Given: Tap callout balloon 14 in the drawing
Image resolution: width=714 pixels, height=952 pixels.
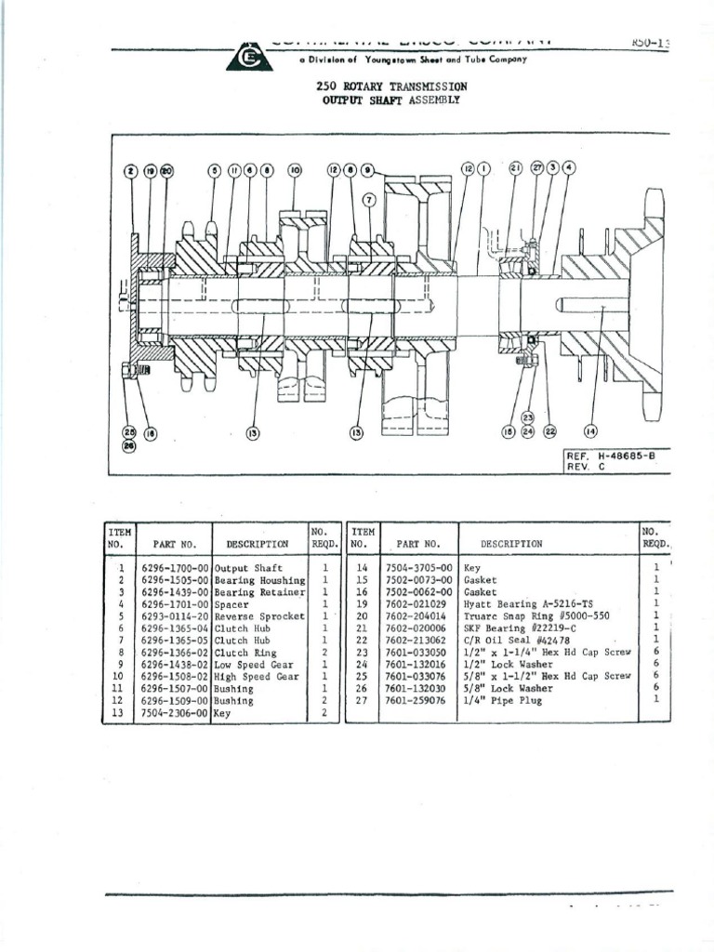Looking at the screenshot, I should [589, 430].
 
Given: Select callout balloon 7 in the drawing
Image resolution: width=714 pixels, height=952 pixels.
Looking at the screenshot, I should [369, 200].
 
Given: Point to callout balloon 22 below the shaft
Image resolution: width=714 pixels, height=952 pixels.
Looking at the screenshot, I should [549, 430].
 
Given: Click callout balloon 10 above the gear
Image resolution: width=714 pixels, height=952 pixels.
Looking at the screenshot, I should [295, 171].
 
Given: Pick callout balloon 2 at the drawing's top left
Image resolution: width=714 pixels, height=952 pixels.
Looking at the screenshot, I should [131, 171].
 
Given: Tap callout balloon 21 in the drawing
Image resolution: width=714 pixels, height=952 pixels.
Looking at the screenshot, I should [515, 168].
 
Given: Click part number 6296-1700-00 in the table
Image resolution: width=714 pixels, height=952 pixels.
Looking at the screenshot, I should [176, 567].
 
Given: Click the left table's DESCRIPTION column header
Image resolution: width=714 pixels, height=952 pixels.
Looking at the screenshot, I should [257, 544].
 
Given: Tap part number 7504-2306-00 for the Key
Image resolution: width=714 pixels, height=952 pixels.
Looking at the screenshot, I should [176, 713].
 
